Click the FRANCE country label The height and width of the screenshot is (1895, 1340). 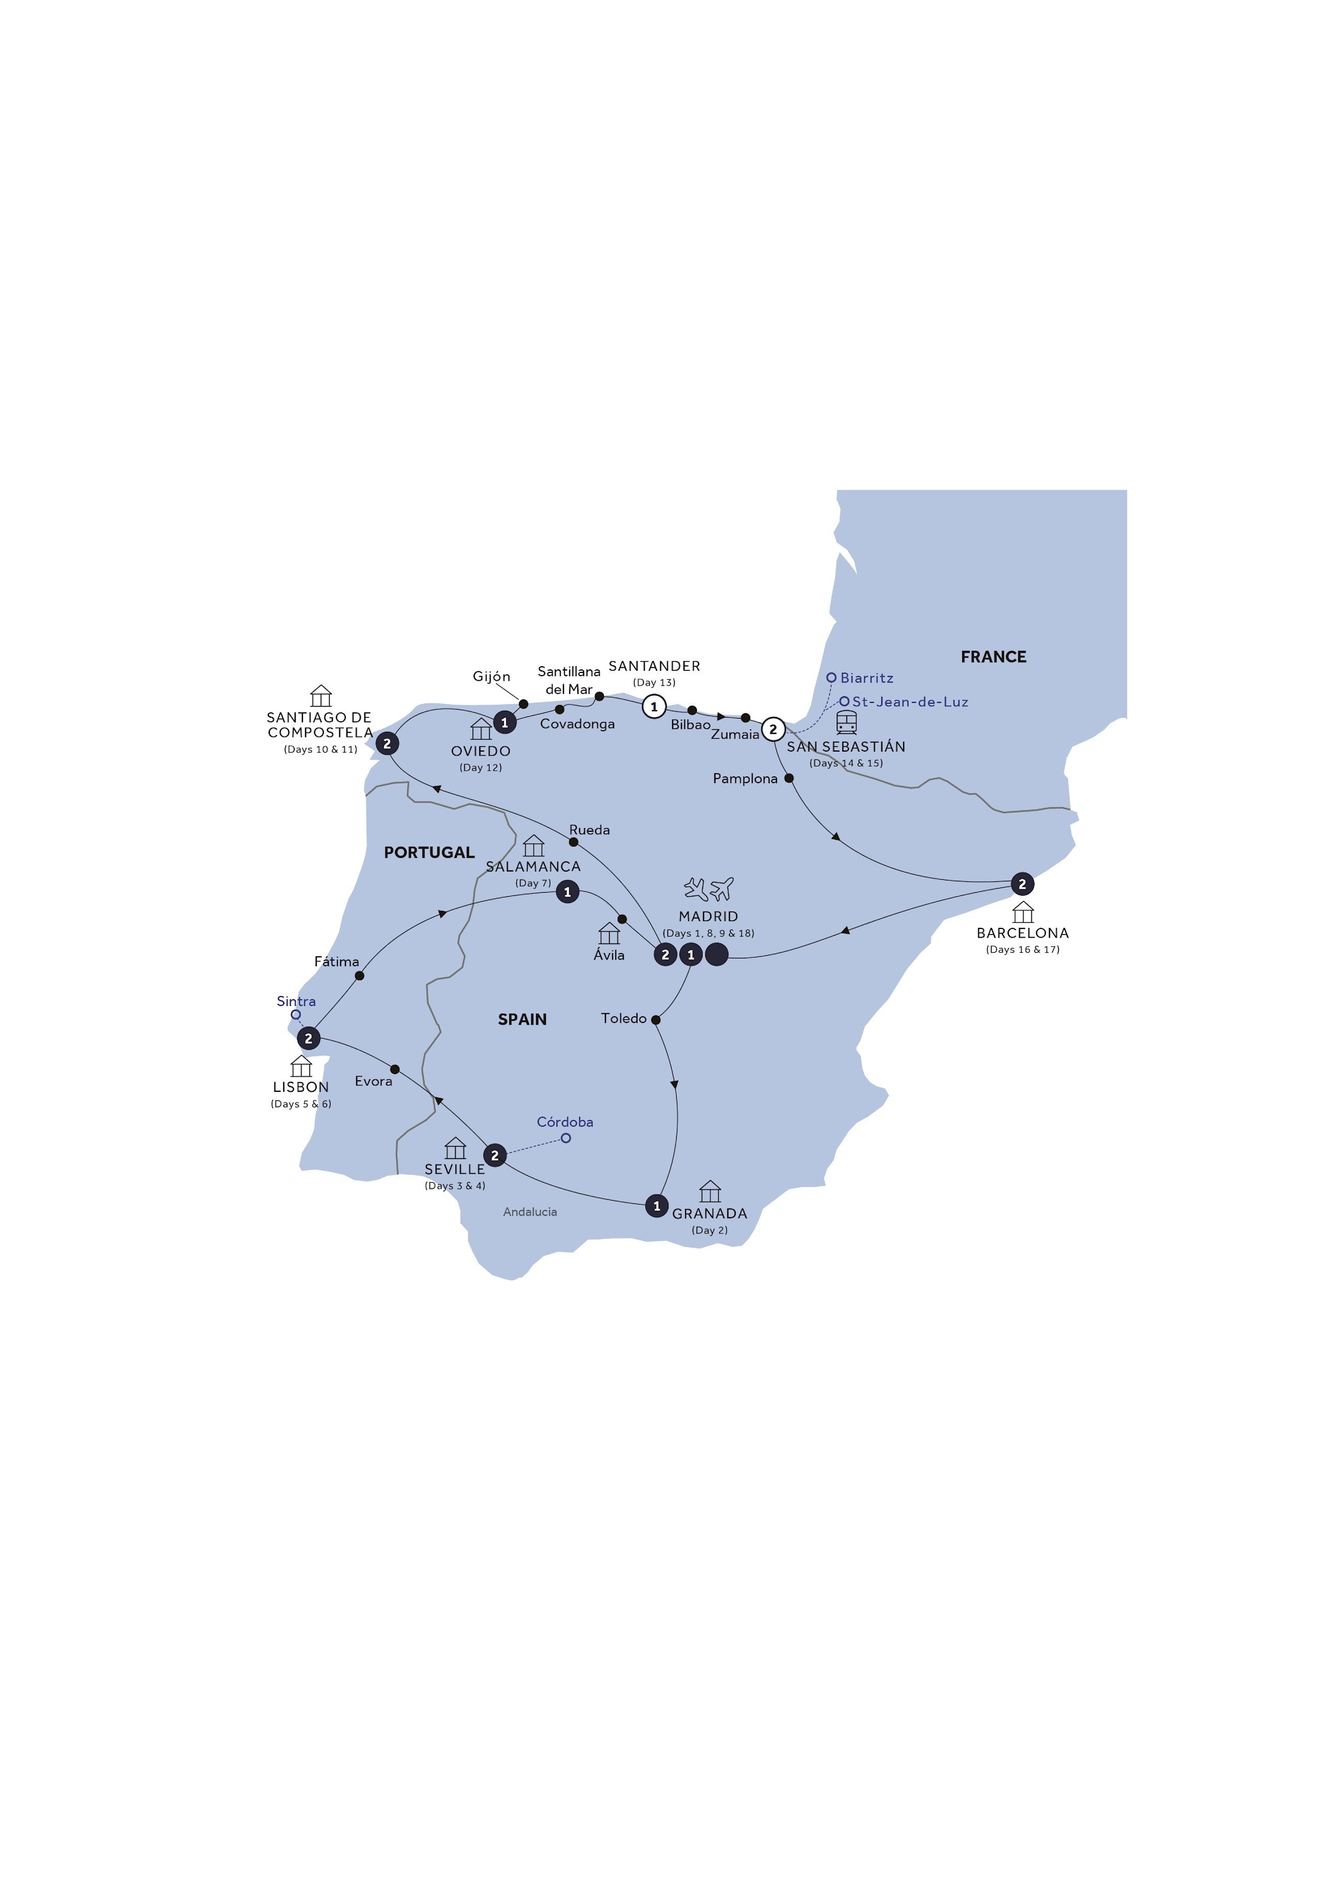993,657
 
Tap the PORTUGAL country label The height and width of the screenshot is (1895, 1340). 429,852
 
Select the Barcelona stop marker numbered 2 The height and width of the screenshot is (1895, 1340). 1022,884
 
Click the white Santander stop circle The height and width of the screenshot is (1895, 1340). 654,707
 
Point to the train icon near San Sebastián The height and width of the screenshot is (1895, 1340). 846,722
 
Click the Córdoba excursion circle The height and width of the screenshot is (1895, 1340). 566,1138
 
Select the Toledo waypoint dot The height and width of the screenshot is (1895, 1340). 656,1020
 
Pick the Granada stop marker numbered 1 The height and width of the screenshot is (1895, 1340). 657,1206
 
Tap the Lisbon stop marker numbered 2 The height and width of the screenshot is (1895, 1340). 308,1038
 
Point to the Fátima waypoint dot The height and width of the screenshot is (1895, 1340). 359,975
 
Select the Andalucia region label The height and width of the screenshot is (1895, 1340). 530,1212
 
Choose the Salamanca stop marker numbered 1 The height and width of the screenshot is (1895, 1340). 567,892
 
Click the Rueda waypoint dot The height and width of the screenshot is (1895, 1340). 574,842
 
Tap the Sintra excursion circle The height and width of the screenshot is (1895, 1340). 296,1015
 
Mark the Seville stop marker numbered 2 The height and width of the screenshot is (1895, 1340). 495,1155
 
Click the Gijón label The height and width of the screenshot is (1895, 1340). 491,676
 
